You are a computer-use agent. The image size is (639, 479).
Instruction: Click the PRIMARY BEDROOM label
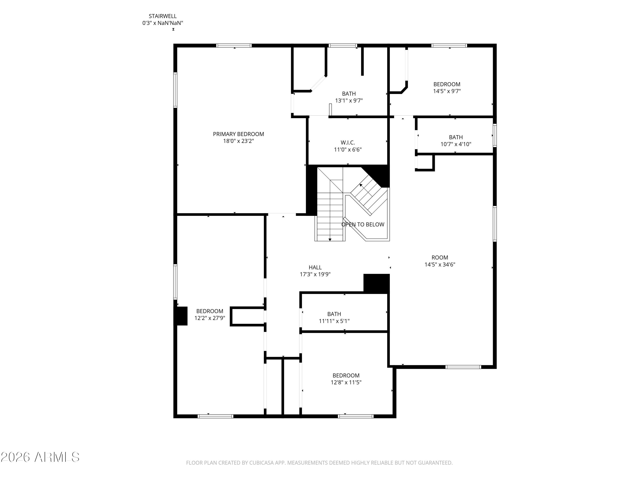(x=238, y=134)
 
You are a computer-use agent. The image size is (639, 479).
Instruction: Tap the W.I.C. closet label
(x=348, y=143)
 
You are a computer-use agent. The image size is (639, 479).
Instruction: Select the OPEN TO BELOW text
(x=363, y=224)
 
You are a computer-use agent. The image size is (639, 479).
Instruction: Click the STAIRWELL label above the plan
(x=163, y=16)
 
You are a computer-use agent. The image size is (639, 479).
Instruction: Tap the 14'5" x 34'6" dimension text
(x=440, y=264)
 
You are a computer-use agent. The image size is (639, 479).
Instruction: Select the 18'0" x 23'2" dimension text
(x=238, y=141)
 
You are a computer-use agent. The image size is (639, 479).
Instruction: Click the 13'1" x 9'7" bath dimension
(x=349, y=100)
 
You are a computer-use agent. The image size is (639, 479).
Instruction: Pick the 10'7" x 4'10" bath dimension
(x=456, y=144)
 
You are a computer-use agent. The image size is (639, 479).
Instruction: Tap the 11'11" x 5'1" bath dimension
(x=334, y=321)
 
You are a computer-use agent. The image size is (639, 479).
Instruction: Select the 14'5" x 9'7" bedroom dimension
(x=447, y=91)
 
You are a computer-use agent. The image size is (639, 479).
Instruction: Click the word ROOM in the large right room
(x=440, y=257)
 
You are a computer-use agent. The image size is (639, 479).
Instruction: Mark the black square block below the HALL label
(x=376, y=284)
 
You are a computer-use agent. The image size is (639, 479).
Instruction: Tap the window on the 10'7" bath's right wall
(x=495, y=135)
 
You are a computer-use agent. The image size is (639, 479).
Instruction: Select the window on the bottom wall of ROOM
(x=463, y=367)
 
